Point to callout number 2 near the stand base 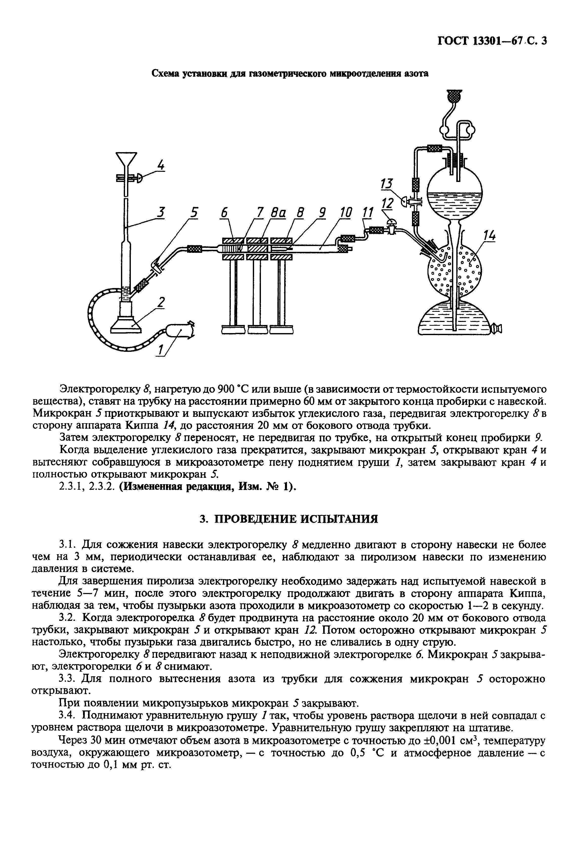coord(160,303)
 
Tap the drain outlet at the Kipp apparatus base coord(498,328)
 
